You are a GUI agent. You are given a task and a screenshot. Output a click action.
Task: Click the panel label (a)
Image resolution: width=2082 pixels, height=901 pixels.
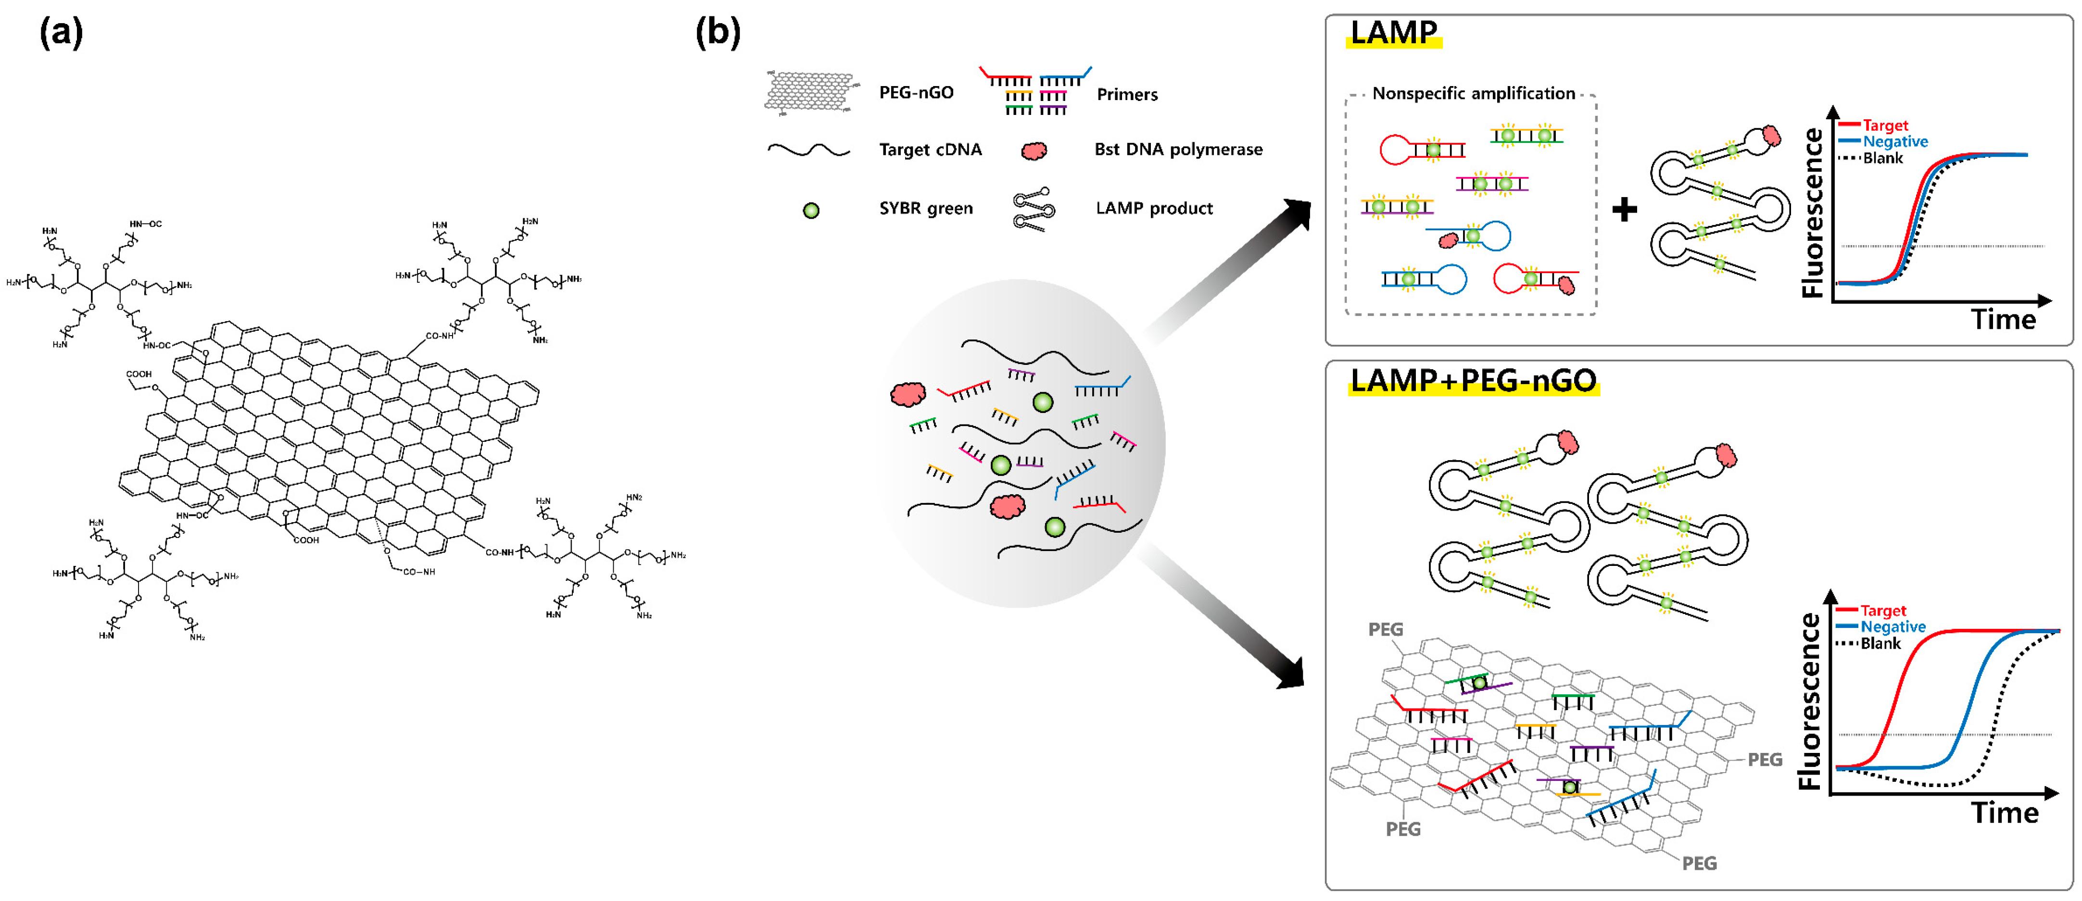[x=61, y=34]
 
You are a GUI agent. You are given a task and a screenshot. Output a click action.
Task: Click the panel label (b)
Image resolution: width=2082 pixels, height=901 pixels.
[x=718, y=34]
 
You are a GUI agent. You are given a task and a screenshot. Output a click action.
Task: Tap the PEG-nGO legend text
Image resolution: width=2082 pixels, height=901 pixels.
[x=916, y=93]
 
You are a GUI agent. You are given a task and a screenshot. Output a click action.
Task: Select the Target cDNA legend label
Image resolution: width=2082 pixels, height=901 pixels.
[x=930, y=150]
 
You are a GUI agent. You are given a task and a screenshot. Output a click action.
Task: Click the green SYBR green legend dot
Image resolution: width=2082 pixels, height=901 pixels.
[x=811, y=210]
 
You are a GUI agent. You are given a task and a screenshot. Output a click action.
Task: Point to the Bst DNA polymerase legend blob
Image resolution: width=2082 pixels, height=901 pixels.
[x=1034, y=150]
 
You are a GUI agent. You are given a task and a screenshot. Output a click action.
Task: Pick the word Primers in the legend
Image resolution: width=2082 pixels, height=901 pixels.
[x=1127, y=95]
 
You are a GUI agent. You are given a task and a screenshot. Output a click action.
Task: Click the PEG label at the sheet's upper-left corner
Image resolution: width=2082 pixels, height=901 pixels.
[x=1385, y=629]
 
